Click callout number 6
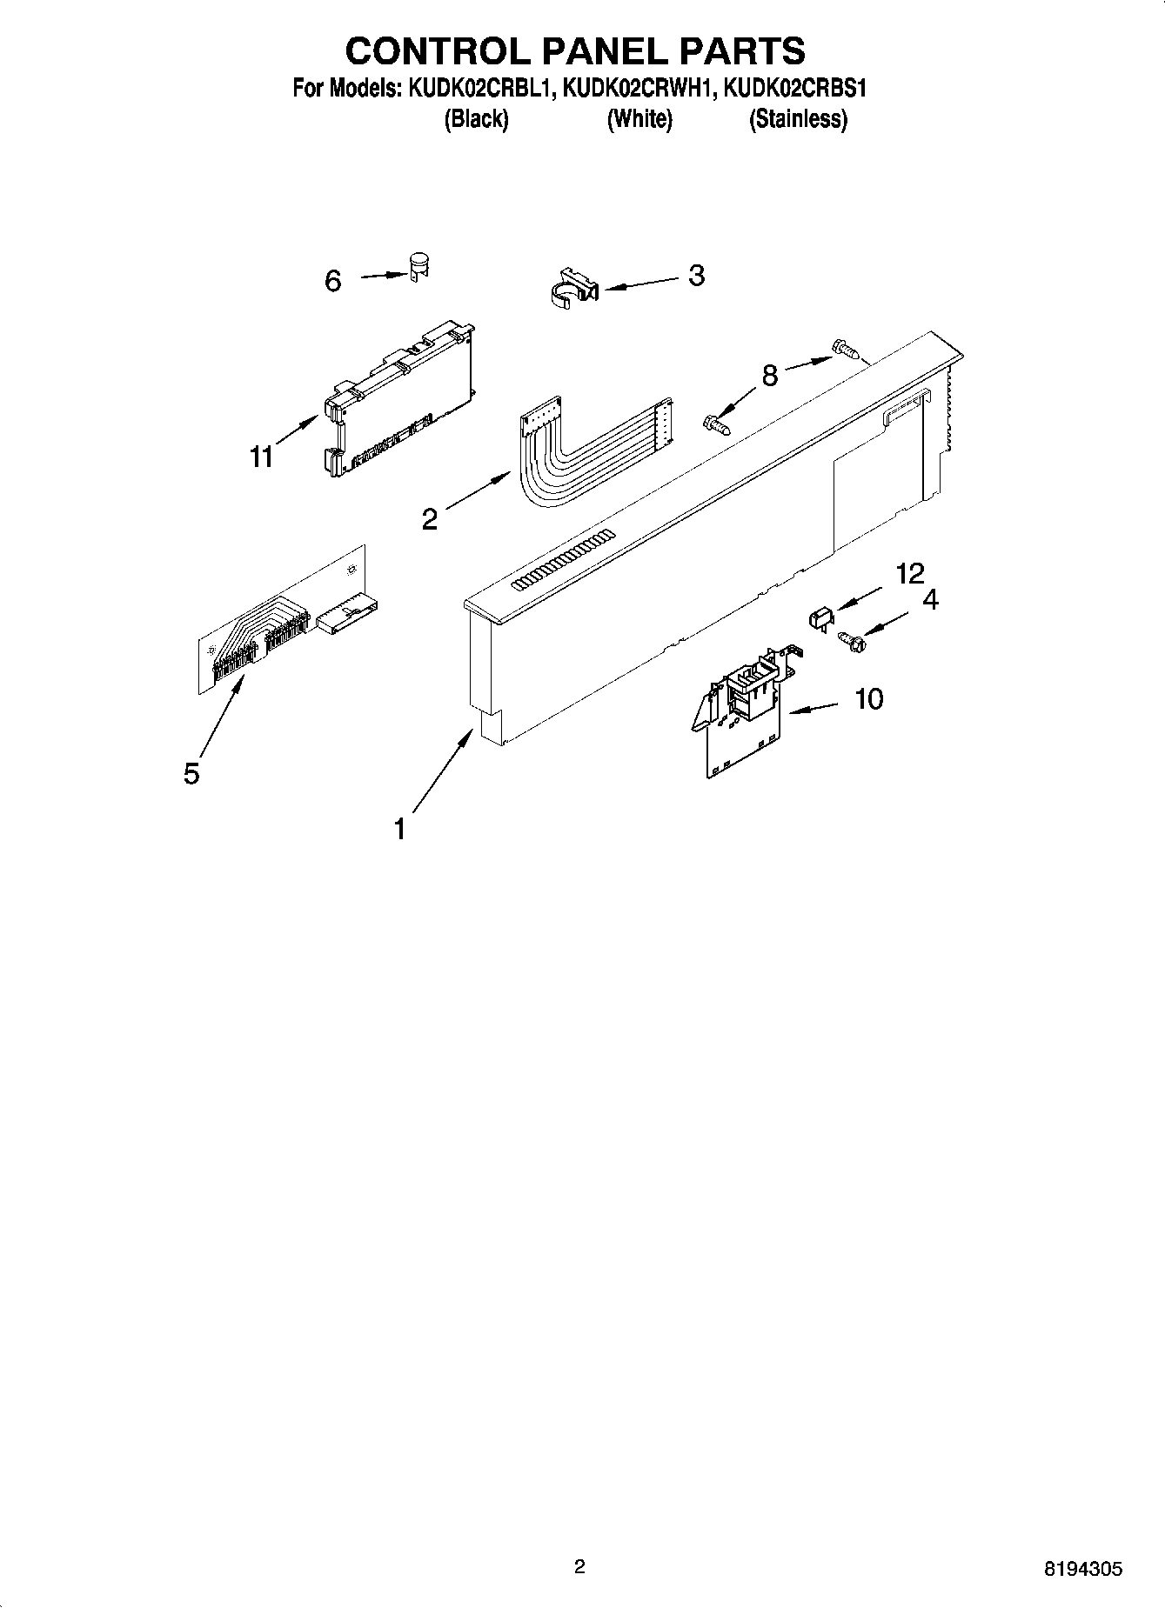coord(333,281)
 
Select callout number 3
coord(696,276)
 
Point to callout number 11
coord(262,457)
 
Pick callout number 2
coord(430,519)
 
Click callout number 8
coord(769,376)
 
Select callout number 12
coord(910,573)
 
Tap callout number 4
coord(930,600)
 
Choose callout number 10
coord(869,698)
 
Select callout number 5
coord(191,772)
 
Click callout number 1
coord(399,829)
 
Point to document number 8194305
coord(1083,1569)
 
